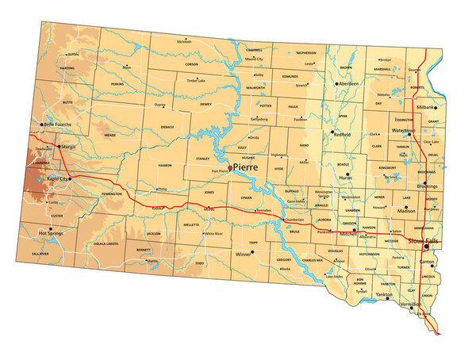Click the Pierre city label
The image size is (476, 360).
(x=247, y=168)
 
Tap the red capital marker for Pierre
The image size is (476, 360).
(x=230, y=168)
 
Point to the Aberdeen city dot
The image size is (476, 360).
(x=336, y=83)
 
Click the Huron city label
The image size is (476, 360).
(x=346, y=178)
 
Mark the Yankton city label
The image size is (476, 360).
(x=383, y=294)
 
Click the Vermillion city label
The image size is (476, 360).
(x=410, y=304)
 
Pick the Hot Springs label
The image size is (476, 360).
(x=52, y=233)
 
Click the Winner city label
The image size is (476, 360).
(x=239, y=255)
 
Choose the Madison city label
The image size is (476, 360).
(x=406, y=211)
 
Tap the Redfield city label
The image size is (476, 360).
(x=342, y=135)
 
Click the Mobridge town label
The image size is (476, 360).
(x=254, y=59)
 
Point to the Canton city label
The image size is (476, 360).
(x=427, y=262)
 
